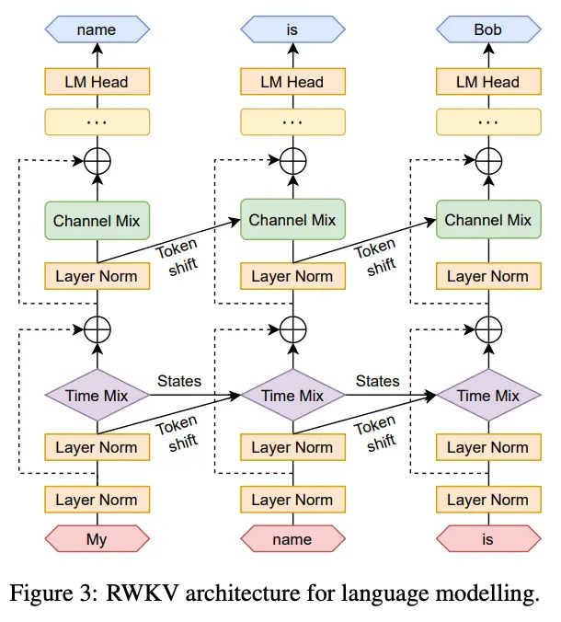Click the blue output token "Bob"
[x=487, y=29]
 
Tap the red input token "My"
[x=97, y=539]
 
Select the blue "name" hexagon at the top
[x=97, y=29]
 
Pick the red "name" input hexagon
[x=292, y=539]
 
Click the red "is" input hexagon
[x=487, y=539]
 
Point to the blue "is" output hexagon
[x=292, y=29]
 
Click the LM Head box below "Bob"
[x=487, y=82]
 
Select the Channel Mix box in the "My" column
[x=97, y=220]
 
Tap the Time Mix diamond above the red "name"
[x=292, y=396]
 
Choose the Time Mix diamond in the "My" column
[x=97, y=396]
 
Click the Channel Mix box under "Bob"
[x=487, y=220]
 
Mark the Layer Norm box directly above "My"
[x=97, y=500]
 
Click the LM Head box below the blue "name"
[x=97, y=82]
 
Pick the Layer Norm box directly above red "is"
[x=487, y=500]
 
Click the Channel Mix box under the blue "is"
[x=292, y=220]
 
